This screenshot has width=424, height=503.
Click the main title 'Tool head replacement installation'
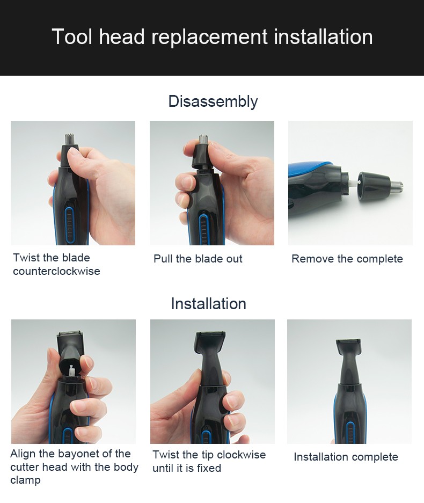212,37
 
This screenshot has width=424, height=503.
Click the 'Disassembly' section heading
213,101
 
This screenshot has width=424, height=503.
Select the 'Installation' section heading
208,304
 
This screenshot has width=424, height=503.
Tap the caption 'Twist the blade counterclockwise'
56,264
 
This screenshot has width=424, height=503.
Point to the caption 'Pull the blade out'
198,259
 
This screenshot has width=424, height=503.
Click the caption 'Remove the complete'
347,259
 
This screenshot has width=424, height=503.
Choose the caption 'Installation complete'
346,457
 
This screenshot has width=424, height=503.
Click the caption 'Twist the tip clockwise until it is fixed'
209,461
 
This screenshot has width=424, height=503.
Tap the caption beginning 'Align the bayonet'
74,466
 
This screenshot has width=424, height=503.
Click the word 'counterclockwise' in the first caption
56,271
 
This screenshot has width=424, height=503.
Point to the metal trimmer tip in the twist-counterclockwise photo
69,139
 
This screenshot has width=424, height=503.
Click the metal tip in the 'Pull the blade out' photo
203,141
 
